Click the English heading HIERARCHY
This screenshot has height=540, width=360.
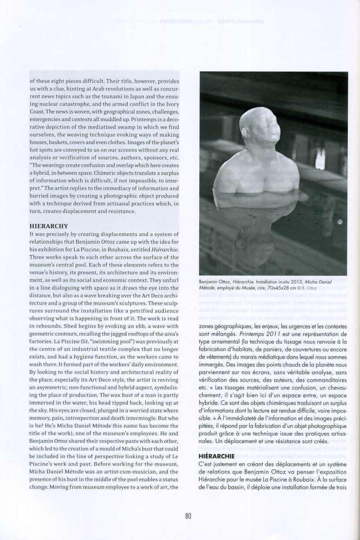click(49, 226)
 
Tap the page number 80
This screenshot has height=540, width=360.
click(188, 516)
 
